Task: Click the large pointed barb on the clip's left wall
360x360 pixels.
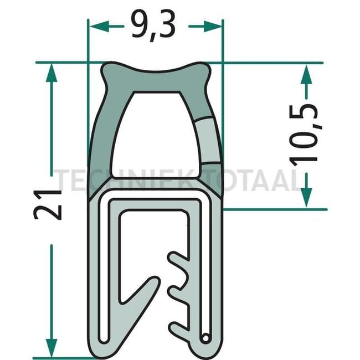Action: pos(141,291)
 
